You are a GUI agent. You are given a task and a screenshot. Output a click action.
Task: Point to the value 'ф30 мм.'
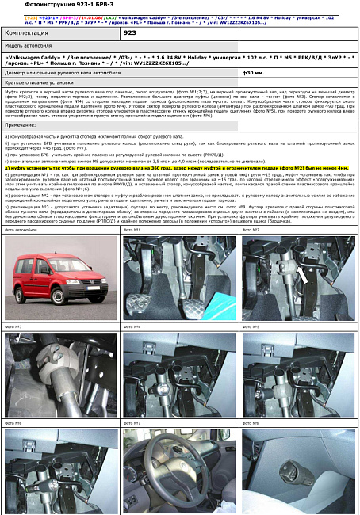254,72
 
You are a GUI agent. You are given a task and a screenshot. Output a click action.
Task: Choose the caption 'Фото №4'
132,326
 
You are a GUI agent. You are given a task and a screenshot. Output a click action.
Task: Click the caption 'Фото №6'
13,423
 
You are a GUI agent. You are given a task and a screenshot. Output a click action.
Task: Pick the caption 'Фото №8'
251,423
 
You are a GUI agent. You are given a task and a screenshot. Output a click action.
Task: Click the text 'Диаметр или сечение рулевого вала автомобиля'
63,72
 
